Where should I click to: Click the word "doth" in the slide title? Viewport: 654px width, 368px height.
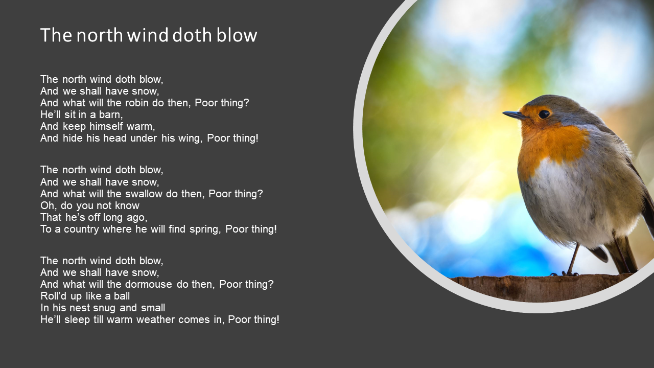192,35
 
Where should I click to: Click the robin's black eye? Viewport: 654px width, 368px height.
544,114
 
